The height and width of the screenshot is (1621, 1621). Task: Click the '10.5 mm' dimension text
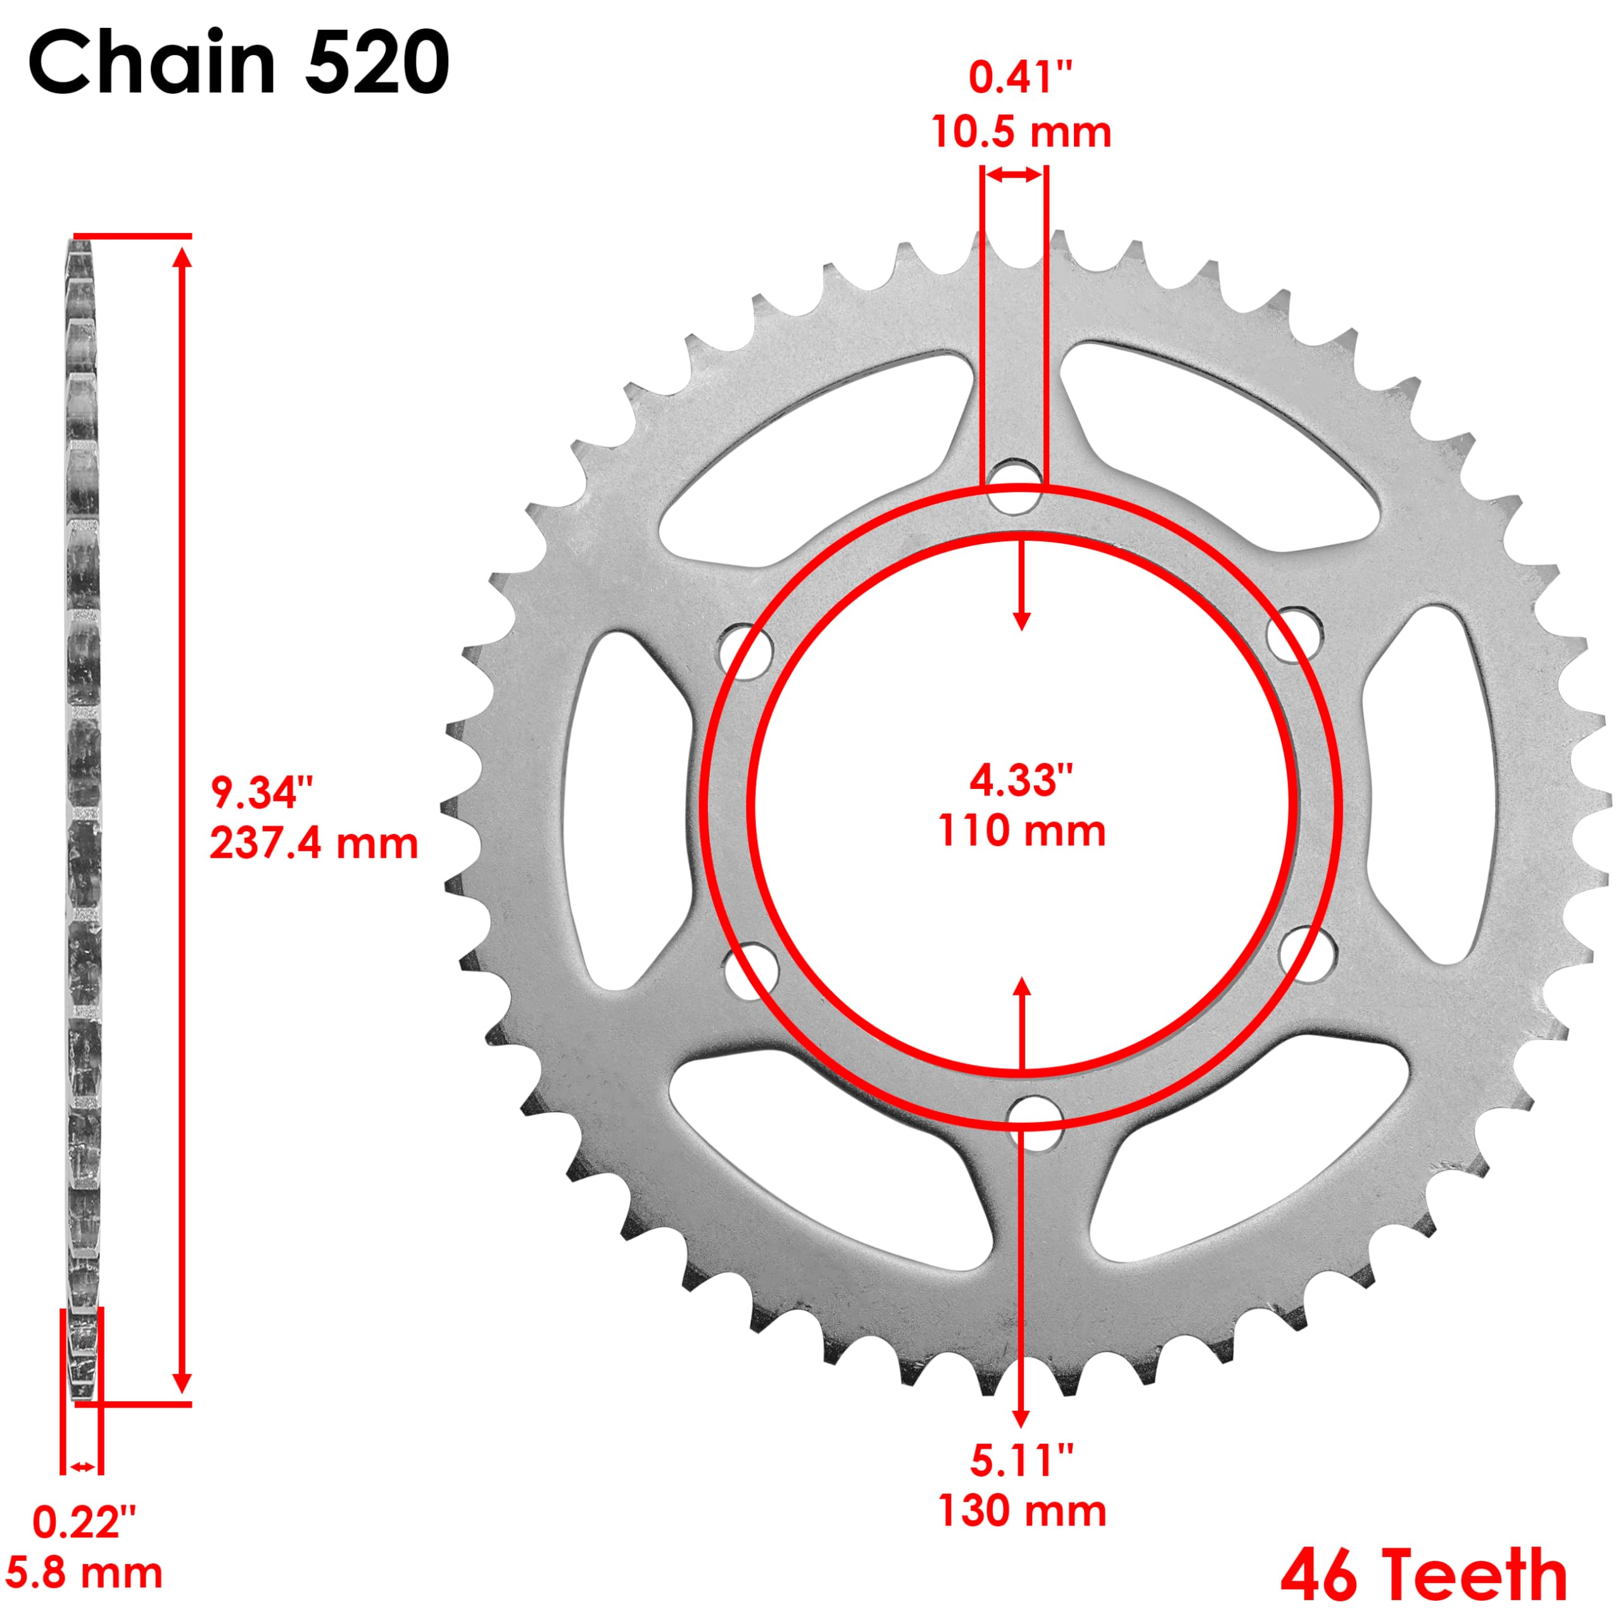pos(1021,132)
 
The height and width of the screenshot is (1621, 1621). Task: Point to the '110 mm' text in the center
pos(1021,831)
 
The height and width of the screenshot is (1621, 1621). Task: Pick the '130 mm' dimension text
pos(1021,1511)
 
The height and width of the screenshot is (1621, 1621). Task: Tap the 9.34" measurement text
pos(262,793)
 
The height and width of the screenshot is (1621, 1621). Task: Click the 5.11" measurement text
pos(1021,1460)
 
